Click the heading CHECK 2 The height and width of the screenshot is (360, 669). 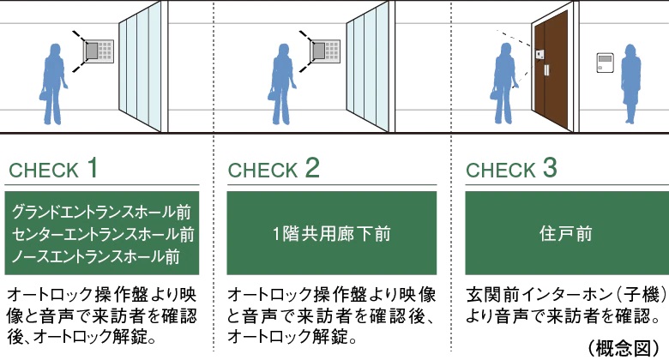(x=274, y=169)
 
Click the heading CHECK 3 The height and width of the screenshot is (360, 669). (x=512, y=169)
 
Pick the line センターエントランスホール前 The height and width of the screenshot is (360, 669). (x=101, y=233)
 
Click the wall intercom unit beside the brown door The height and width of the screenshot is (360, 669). (x=606, y=61)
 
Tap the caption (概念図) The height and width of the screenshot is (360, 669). (x=629, y=347)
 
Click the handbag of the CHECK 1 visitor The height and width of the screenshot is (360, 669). (x=43, y=97)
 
